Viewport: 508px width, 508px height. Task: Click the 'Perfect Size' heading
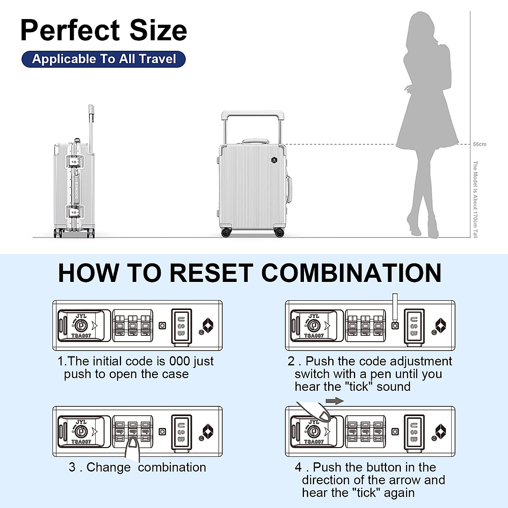click(x=104, y=30)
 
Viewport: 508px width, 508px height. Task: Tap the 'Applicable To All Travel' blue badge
click(x=104, y=59)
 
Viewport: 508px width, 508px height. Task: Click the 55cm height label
click(x=480, y=144)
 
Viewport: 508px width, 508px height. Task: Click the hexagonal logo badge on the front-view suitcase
click(x=274, y=160)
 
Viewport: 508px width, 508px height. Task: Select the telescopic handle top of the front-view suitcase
click(x=253, y=114)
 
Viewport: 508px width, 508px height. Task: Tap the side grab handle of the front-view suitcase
click(x=290, y=188)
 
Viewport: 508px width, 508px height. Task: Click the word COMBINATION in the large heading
click(x=351, y=273)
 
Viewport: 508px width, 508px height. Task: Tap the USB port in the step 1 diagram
click(x=181, y=326)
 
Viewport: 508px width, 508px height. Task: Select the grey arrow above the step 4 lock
click(x=334, y=401)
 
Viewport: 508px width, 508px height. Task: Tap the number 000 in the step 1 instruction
click(x=179, y=362)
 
